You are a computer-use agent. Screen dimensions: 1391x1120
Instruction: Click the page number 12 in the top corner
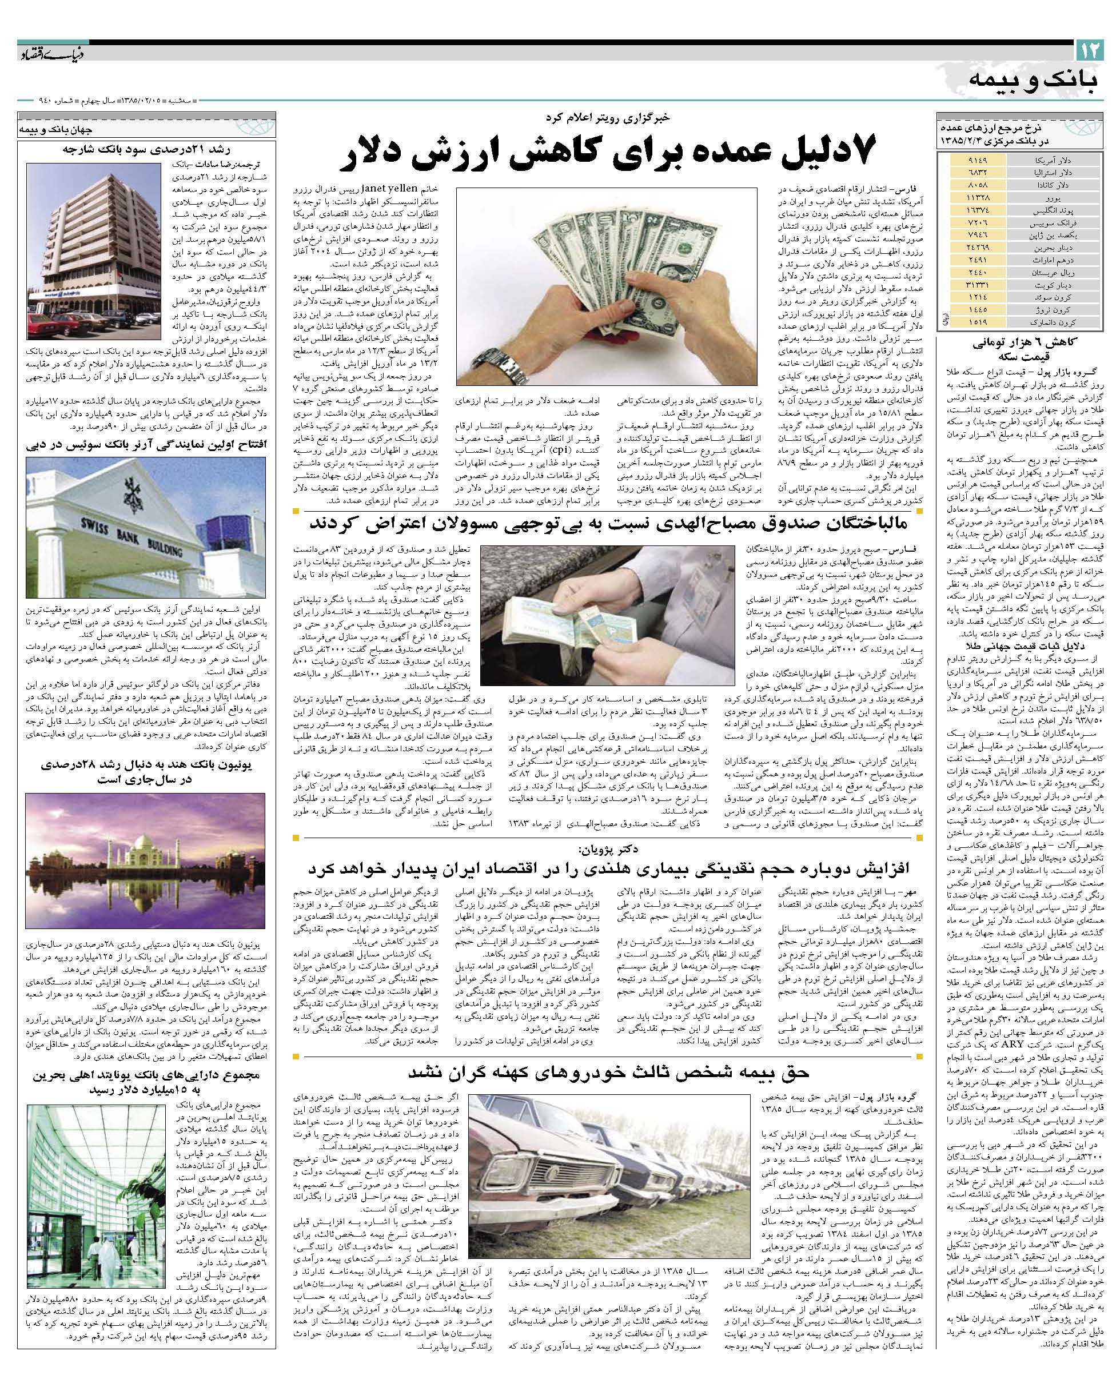(x=1090, y=49)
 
